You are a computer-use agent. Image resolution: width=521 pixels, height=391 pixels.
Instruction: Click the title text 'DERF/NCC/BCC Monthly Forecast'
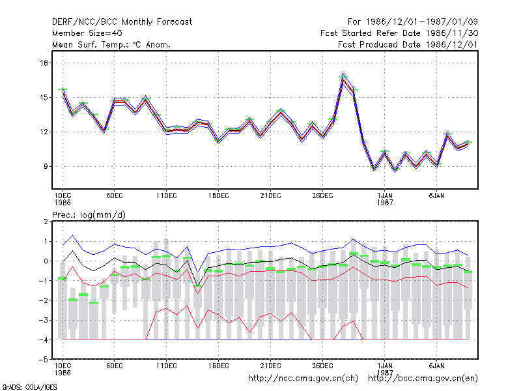pyautogui.click(x=122, y=22)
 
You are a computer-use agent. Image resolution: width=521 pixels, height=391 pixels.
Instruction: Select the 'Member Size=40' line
pyautogui.click(x=87, y=33)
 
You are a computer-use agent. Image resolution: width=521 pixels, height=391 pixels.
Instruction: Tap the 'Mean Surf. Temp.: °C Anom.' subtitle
pyautogui.click(x=111, y=44)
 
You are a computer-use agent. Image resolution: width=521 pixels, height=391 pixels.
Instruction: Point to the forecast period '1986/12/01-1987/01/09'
pyautogui.click(x=421, y=22)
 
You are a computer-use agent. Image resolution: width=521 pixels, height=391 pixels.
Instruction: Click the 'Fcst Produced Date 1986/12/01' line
pyautogui.click(x=408, y=44)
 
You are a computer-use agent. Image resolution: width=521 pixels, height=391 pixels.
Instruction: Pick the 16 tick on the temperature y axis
pyautogui.click(x=44, y=63)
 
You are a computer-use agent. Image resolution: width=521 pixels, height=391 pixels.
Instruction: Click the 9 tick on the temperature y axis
pyautogui.click(x=46, y=166)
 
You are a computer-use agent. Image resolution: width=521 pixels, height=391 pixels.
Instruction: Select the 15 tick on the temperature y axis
pyautogui.click(x=44, y=97)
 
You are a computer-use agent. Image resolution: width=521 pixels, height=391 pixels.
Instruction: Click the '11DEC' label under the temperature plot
pyautogui.click(x=167, y=196)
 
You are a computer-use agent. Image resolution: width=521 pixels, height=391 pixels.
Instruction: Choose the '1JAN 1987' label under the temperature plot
pyautogui.click(x=385, y=199)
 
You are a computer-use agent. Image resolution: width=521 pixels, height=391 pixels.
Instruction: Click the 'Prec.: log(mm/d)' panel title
pyautogui.click(x=89, y=215)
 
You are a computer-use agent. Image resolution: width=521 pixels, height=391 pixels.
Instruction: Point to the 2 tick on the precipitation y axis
pyautogui.click(x=46, y=222)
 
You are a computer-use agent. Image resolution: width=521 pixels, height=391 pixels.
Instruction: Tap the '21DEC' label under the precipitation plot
pyautogui.click(x=270, y=366)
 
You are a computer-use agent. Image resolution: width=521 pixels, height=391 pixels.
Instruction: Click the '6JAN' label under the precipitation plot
pyautogui.click(x=436, y=366)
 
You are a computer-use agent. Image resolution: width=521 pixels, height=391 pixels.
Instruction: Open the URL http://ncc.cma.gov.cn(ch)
pyautogui.click(x=303, y=379)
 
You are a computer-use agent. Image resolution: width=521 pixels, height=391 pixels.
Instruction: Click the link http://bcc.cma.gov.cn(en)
pyautogui.click(x=423, y=379)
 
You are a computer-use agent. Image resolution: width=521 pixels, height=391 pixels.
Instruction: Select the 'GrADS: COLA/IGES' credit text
pyautogui.click(x=30, y=387)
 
